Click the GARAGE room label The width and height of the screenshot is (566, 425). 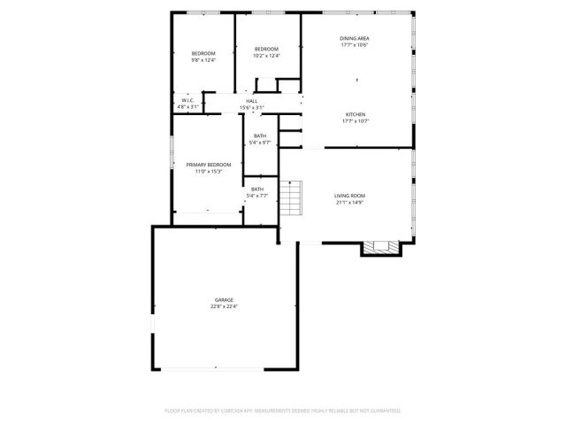coord(224,300)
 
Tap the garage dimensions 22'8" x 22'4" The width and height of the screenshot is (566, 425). coord(224,306)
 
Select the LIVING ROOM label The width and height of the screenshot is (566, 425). coord(349,196)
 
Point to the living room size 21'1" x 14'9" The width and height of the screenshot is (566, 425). coord(349,202)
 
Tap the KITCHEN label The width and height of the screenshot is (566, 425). coord(355,115)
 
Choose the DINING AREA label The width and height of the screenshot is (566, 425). coord(355,38)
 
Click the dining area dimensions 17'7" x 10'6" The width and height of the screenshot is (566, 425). coord(355,44)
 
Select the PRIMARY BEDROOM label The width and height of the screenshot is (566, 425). coord(208,165)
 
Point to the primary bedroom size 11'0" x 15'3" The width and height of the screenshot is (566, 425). coord(208,171)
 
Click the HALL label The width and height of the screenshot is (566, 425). coord(252,102)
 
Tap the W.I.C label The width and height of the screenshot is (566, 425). coord(187,101)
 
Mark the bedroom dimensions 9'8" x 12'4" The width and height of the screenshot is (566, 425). coord(203,60)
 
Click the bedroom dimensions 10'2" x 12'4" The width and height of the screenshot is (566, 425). coord(266,56)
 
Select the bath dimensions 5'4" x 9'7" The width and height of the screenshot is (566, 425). coord(260,142)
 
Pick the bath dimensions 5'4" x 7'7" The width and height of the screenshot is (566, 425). coord(257,195)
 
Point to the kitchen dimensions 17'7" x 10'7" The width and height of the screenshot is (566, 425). coord(355,121)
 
